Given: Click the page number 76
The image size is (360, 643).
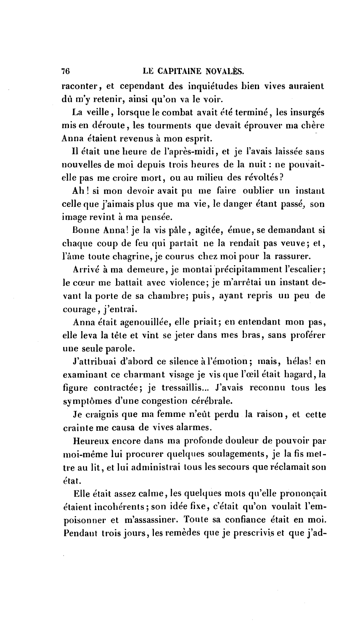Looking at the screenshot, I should [x=65, y=71].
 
